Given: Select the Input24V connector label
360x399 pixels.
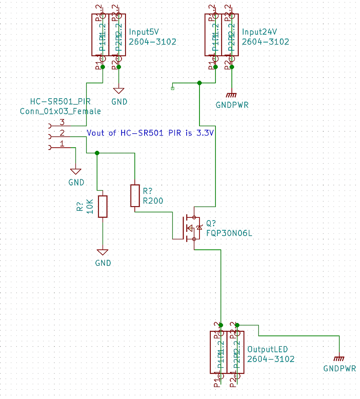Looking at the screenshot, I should click(x=259, y=32).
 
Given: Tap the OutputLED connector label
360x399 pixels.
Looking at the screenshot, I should click(x=267, y=349).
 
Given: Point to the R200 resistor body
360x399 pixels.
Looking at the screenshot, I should click(x=135, y=196).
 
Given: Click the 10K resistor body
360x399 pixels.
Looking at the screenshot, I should click(x=102, y=206).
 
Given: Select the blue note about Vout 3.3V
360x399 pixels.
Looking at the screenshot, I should click(x=150, y=133).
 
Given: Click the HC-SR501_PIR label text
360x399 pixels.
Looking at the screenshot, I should click(x=60, y=102).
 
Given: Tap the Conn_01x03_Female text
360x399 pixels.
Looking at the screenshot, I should click(x=60, y=111).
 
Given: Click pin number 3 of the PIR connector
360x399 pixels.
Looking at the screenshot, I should click(x=62, y=122).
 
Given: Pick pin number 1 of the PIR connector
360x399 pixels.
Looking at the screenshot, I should click(x=62, y=144).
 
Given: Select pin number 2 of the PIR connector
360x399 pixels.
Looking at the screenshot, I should click(x=62, y=133).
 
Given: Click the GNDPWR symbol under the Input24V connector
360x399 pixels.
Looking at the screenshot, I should click(x=232, y=95).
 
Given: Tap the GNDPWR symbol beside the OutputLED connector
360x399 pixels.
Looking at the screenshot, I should click(x=339, y=359).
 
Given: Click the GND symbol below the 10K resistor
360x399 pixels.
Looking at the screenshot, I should click(x=102, y=252).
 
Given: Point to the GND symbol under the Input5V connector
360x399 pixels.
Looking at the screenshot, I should click(x=119, y=91).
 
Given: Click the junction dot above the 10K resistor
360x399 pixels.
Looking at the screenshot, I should click(x=97, y=153).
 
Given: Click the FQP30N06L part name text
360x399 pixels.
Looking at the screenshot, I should click(x=229, y=233).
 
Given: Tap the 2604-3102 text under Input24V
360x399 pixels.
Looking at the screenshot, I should click(x=265, y=42).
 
